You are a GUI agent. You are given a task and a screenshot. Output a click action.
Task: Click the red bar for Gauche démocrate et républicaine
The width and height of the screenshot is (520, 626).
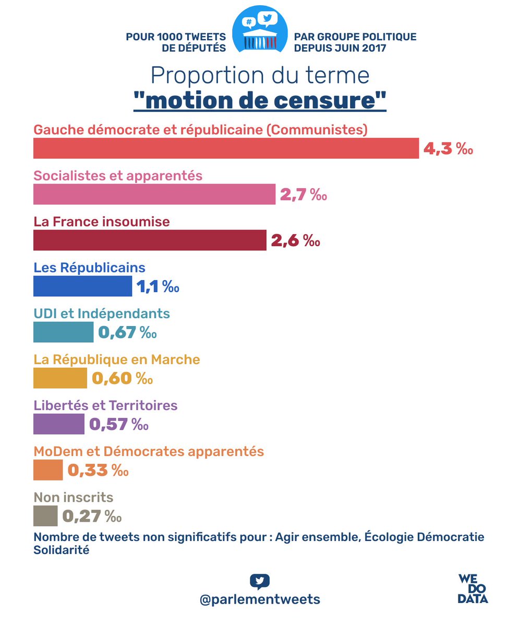pyautogui.click(x=226, y=148)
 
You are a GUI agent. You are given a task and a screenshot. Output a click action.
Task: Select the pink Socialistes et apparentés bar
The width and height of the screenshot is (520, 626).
pyautogui.click(x=154, y=195)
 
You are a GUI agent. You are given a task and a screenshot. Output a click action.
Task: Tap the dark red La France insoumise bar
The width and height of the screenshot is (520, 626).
pyautogui.click(x=150, y=240)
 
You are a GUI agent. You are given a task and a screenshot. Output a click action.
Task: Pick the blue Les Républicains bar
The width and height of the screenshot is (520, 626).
pyautogui.click(x=82, y=286)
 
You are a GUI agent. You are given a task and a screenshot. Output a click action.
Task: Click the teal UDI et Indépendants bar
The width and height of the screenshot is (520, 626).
pyautogui.click(x=63, y=332)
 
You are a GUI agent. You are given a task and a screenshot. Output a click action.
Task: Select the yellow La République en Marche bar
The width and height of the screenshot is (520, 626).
pyautogui.click(x=60, y=378)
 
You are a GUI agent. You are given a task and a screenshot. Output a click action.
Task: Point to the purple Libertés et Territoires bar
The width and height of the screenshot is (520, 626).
pyautogui.click(x=58, y=424)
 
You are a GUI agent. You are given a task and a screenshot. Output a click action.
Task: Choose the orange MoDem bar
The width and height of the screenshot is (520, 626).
pyautogui.click(x=48, y=470)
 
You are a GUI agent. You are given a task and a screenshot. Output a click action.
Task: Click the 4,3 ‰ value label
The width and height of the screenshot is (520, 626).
pyautogui.click(x=448, y=149)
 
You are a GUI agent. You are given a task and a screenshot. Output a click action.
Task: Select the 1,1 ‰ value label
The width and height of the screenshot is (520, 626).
pyautogui.click(x=158, y=287)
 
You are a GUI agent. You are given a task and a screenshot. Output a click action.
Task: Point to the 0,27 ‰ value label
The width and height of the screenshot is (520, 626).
pyautogui.click(x=92, y=516)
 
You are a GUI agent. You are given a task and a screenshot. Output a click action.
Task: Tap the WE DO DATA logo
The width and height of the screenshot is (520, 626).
pyautogui.click(x=473, y=588)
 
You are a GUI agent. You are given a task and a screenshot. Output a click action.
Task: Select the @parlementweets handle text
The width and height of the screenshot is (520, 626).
pyautogui.click(x=260, y=599)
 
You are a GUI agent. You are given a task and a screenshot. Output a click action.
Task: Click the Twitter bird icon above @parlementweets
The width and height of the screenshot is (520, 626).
pyautogui.click(x=260, y=581)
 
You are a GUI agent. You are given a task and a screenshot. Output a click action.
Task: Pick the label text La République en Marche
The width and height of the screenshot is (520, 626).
pyautogui.click(x=117, y=359)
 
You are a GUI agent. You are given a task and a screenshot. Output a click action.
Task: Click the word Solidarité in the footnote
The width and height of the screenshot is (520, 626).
pyautogui.click(x=61, y=550)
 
